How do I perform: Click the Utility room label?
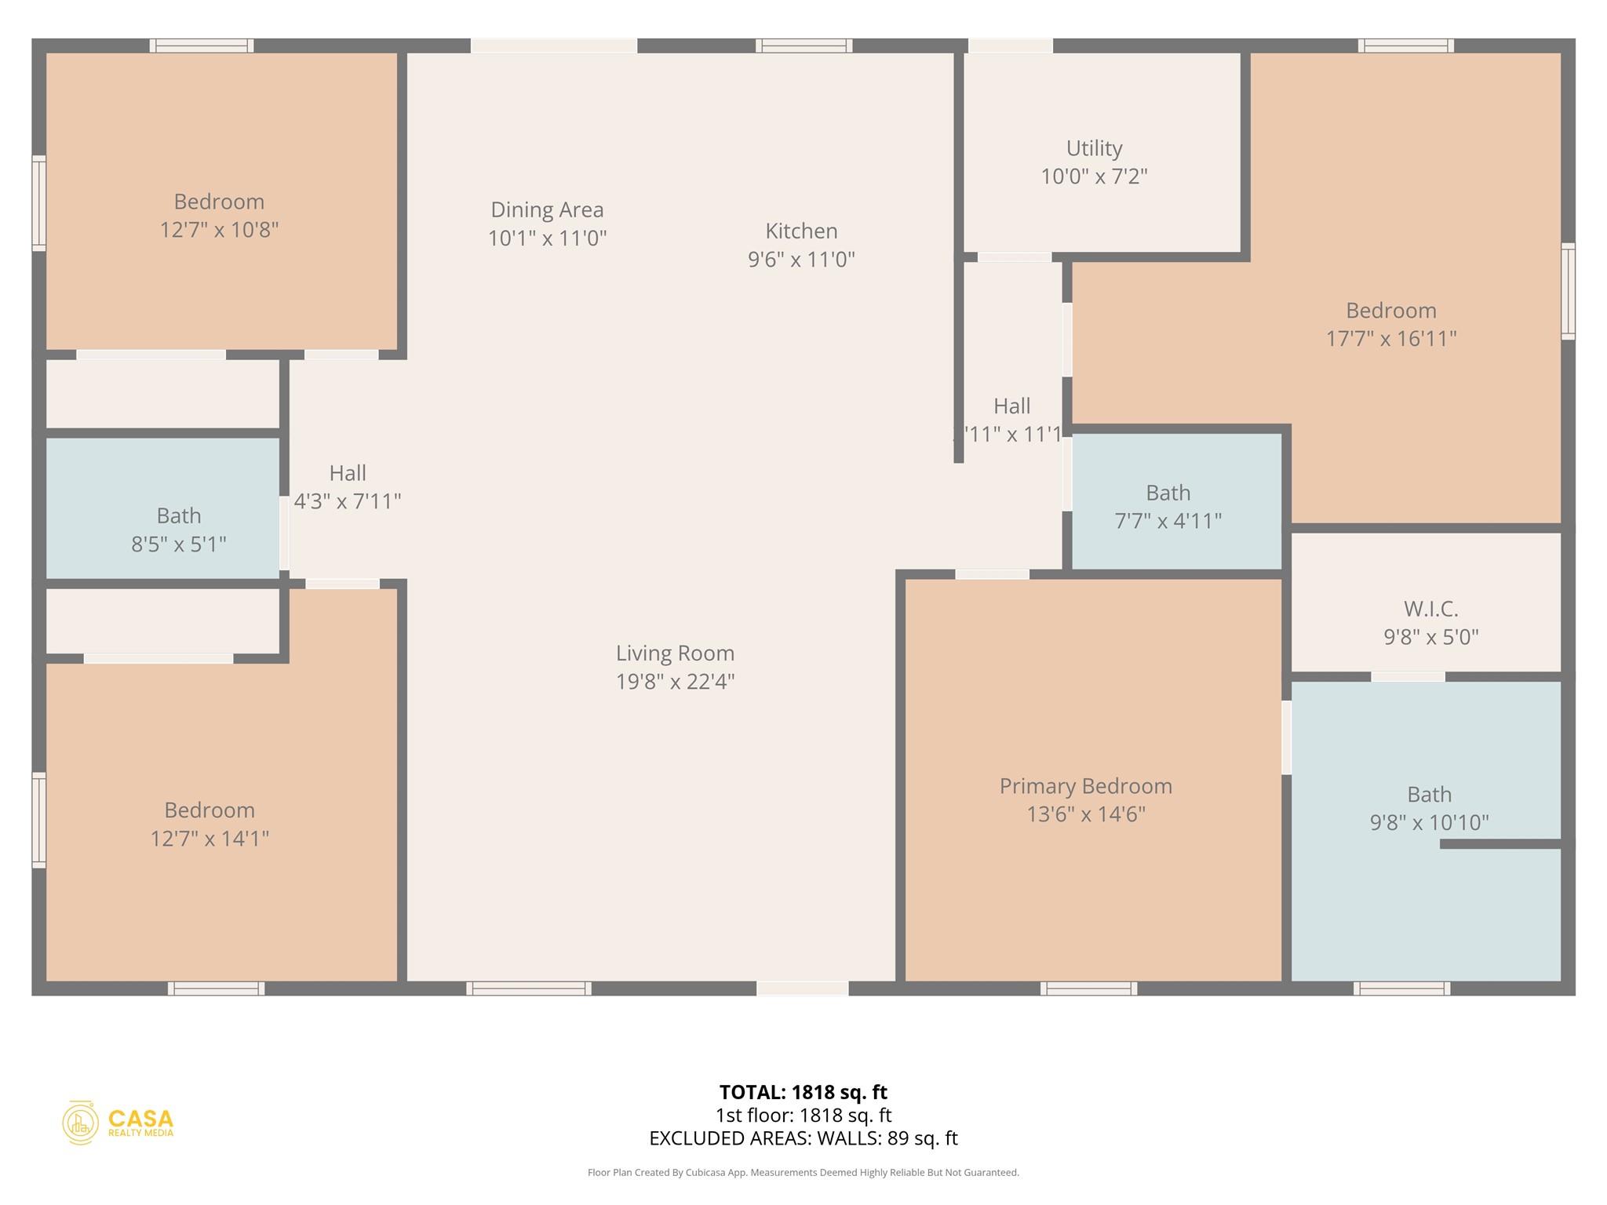pyautogui.click(x=1094, y=148)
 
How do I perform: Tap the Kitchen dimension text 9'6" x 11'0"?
pyautogui.click(x=801, y=260)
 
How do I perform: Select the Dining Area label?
pyautogui.click(x=547, y=210)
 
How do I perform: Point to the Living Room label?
pyautogui.click(x=675, y=653)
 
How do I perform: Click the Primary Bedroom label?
pyautogui.click(x=1085, y=786)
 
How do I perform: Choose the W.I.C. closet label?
pyautogui.click(x=1430, y=609)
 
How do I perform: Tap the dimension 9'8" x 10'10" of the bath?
pyautogui.click(x=1429, y=823)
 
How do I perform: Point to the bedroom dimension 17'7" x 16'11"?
pyautogui.click(x=1390, y=339)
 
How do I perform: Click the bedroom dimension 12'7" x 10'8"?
pyautogui.click(x=219, y=231)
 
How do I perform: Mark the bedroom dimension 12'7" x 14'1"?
pyautogui.click(x=210, y=839)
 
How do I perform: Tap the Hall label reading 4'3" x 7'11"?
pyautogui.click(x=347, y=501)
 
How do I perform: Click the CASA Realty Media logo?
pyautogui.click(x=118, y=1123)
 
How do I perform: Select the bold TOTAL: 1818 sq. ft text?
pyautogui.click(x=803, y=1092)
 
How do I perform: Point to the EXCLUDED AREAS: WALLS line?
pyautogui.click(x=803, y=1138)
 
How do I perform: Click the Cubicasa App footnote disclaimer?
pyautogui.click(x=803, y=1173)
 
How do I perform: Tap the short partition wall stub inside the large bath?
pyautogui.click(x=1500, y=844)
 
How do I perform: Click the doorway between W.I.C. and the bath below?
pyautogui.click(x=1408, y=676)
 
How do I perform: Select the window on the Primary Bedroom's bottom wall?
pyautogui.click(x=1088, y=988)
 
